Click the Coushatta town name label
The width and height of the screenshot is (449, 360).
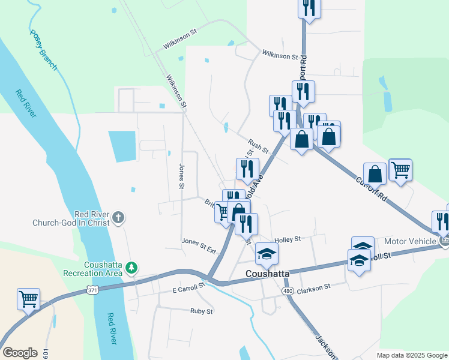point(267,274)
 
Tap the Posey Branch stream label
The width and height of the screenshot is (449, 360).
point(43,50)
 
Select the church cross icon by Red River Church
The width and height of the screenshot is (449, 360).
point(119,217)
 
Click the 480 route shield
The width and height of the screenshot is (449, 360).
point(288,290)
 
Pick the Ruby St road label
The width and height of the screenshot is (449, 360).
point(201,311)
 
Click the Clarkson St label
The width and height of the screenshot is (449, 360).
point(315,287)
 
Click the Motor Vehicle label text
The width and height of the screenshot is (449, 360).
point(410,241)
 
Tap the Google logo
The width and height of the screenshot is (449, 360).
point(20,353)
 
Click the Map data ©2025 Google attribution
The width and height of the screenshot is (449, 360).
point(412,355)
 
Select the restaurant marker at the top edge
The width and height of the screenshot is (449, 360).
point(309,8)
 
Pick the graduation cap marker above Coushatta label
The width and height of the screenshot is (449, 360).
point(267,254)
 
